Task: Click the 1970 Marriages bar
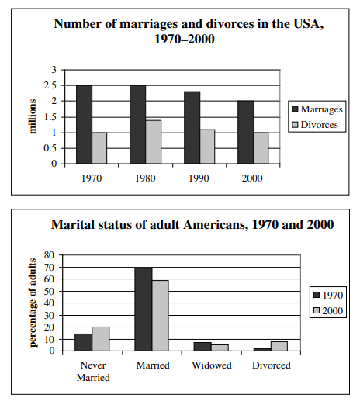point(84,124)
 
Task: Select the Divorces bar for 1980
point(154,142)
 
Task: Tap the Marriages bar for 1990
point(192,128)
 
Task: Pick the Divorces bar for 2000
point(261,148)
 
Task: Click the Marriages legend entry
point(317,109)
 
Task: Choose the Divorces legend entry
point(315,125)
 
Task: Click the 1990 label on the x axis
point(199,178)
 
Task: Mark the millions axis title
point(33,116)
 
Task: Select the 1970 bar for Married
point(144,309)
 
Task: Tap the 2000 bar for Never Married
point(101,339)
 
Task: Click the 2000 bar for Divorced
point(279,346)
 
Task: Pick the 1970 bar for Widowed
point(202,347)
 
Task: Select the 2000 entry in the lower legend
point(328,310)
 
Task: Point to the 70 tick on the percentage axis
point(50,267)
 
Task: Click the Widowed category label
point(212,365)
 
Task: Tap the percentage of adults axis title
point(33,303)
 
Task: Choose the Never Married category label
point(93,372)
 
